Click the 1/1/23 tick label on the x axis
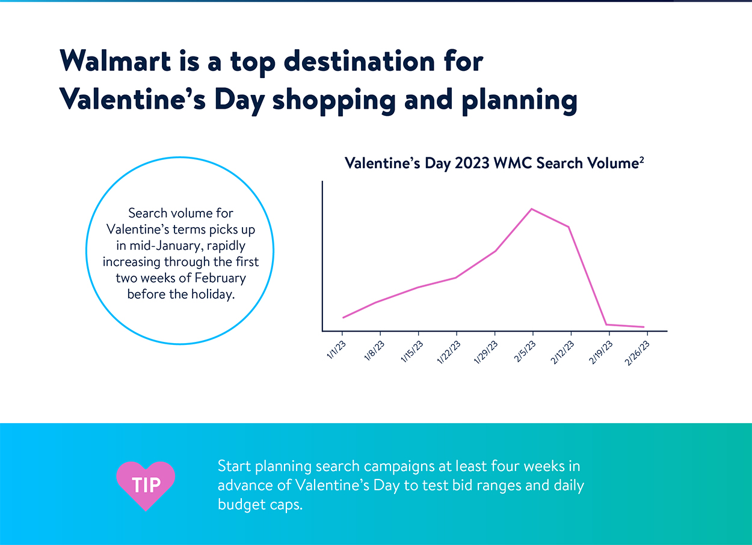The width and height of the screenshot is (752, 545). point(336,350)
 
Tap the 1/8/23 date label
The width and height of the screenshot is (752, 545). point(374,350)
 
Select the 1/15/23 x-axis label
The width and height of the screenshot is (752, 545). point(411,352)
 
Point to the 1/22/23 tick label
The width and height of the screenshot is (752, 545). point(449,352)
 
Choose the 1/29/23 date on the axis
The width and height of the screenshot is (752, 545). point(485,352)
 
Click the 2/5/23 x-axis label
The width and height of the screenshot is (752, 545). point(525,351)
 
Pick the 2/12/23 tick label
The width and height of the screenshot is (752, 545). point(562,352)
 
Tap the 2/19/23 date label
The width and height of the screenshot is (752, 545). point(600,352)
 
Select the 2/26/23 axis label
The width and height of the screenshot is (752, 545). point(637,353)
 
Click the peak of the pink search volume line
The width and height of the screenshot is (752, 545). point(531,209)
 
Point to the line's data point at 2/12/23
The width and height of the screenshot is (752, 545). point(569,227)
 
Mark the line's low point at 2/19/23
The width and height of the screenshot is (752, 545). point(606,324)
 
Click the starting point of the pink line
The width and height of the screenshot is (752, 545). point(343,317)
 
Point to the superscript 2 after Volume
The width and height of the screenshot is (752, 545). point(641,159)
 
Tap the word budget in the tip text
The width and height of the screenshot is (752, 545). point(241,505)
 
